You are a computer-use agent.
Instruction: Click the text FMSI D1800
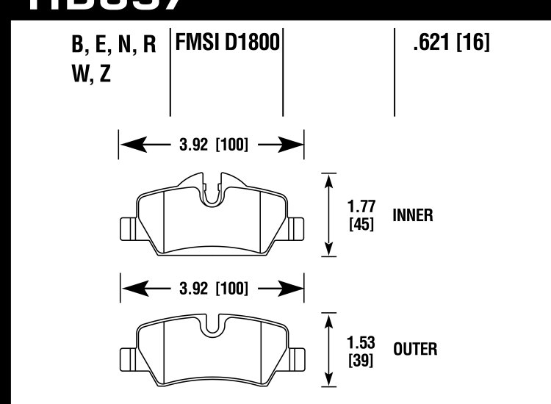pos(227,43)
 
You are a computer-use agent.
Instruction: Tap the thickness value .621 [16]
pos(451,43)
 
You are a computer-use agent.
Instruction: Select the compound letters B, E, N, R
pos(114,45)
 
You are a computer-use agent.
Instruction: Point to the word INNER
pos(413,216)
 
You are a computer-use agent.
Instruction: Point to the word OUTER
pos(415,350)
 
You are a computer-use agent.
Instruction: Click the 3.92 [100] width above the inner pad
pos(212,145)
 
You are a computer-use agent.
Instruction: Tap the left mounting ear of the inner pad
pos(126,228)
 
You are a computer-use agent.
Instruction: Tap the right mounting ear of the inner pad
pos(297,228)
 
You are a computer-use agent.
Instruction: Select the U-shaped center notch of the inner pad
pos(212,192)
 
